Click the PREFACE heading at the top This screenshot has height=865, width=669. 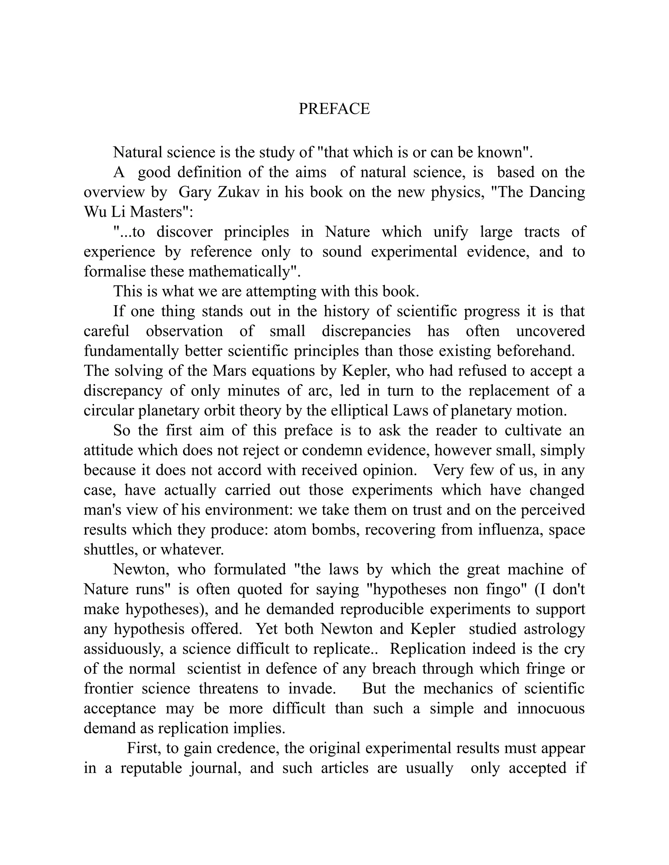tap(334, 108)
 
